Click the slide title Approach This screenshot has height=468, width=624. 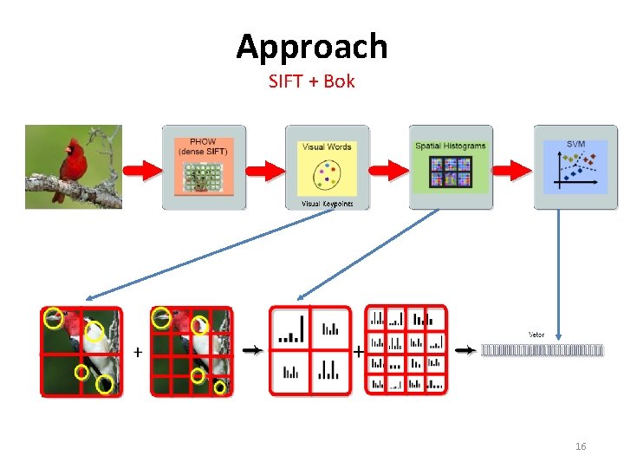311,46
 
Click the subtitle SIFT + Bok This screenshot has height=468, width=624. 311,82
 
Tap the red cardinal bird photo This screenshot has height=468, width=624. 73,166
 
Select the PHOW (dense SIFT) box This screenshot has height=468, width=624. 204,167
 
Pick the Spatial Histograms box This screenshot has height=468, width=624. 451,167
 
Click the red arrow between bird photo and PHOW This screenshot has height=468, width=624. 141,170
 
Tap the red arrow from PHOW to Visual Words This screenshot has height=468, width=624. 265,170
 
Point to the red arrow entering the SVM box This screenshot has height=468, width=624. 513,170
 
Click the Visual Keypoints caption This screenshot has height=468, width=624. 327,204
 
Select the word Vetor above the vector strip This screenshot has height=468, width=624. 536,334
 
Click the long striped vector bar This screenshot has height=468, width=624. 542,351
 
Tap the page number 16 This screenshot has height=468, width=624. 581,446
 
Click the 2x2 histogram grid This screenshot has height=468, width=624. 309,350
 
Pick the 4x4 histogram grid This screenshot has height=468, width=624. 406,350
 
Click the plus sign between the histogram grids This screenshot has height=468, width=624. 358,352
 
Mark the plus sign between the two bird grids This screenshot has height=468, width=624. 137,352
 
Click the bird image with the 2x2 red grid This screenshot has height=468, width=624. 82,351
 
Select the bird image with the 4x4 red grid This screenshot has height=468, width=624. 192,351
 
